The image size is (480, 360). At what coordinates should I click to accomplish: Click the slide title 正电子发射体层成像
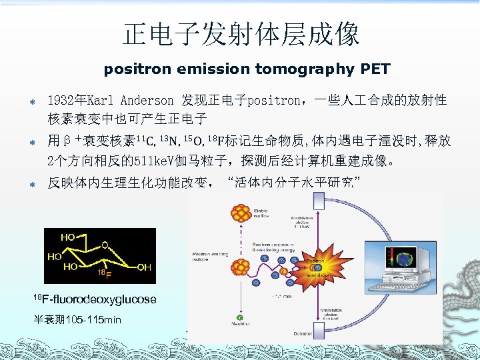point(241,34)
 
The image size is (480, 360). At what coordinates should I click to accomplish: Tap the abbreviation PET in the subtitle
point(375,69)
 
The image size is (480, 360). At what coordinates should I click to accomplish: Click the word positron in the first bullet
point(274,101)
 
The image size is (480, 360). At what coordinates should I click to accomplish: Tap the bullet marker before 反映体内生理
point(31,183)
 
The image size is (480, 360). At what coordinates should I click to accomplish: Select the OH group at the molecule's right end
point(143,267)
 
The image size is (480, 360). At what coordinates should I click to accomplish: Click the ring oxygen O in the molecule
point(105,245)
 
